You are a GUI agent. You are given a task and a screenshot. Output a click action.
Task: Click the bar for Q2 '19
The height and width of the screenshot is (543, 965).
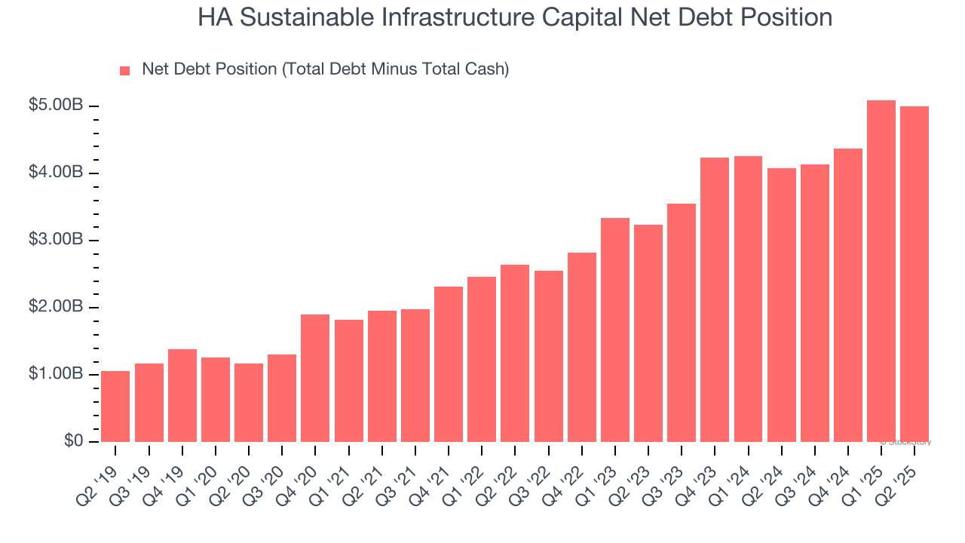pyautogui.click(x=115, y=406)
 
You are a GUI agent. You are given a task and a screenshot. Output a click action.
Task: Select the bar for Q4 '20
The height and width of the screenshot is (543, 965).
pyautogui.click(x=315, y=378)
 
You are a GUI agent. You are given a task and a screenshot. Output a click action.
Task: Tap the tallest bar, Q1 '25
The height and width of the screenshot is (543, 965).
pyautogui.click(x=881, y=271)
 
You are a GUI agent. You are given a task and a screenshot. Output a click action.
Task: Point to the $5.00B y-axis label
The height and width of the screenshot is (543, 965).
pyautogui.click(x=56, y=106)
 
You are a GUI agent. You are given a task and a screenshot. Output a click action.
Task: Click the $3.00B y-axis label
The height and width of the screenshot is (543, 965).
pyautogui.click(x=56, y=240)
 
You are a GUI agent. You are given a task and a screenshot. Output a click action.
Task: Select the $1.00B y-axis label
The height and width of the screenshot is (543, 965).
pyautogui.click(x=56, y=374)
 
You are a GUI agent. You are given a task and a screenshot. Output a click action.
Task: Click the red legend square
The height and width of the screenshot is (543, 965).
pyautogui.click(x=125, y=70)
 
